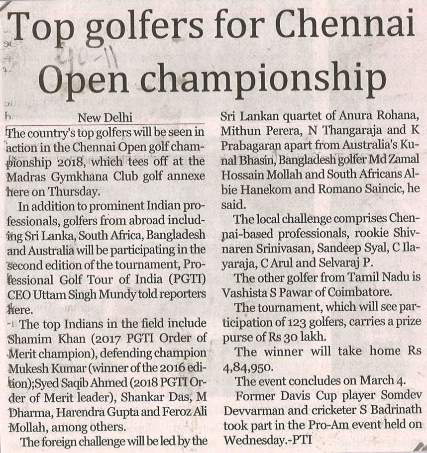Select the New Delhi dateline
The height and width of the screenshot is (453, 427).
pyautogui.click(x=105, y=118)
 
